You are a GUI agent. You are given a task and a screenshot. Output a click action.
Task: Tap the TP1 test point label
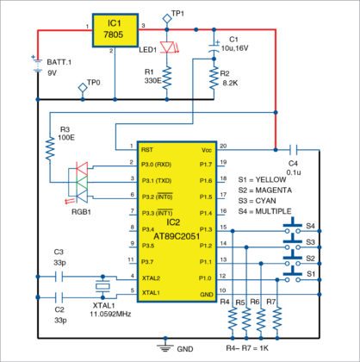click(x=179, y=14)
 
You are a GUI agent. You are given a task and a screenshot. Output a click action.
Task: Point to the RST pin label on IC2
click(x=134, y=147)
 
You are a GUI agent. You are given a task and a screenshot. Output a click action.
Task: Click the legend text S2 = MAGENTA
click(x=273, y=187)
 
